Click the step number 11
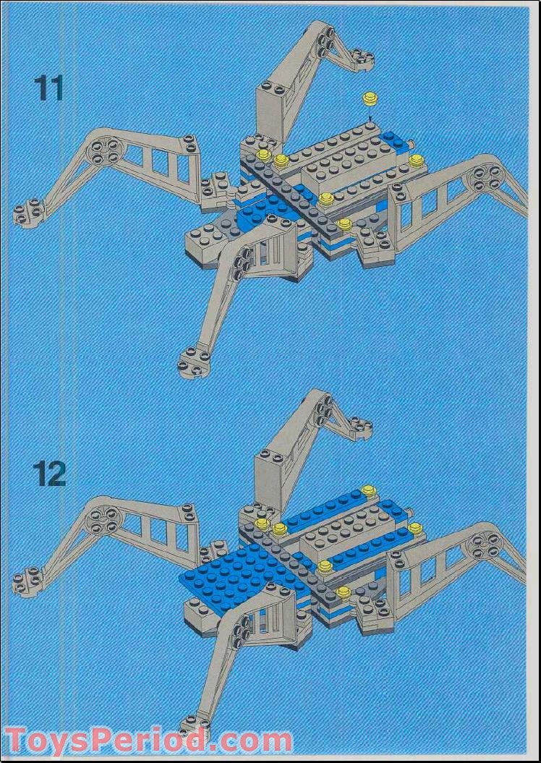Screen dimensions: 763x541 [48, 88]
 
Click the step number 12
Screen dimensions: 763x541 [49, 473]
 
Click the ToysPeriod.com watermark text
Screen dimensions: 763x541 [148, 741]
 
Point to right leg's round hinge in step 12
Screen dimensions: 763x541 [485, 545]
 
